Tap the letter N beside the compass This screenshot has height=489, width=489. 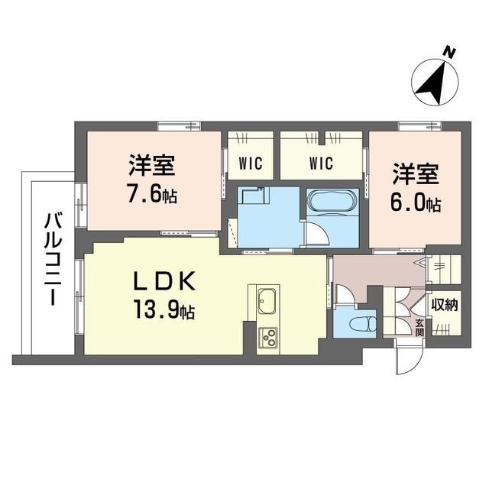451,52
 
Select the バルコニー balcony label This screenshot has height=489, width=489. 52,260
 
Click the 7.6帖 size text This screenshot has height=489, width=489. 153,195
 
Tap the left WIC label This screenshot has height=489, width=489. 249,162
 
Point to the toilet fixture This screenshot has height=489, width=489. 358,320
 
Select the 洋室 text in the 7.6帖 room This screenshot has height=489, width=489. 153,166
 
